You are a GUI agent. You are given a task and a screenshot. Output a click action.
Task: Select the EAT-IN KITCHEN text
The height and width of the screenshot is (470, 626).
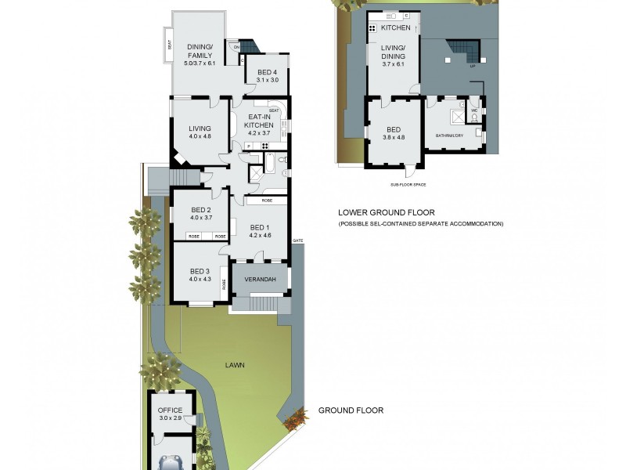click(x=259, y=121)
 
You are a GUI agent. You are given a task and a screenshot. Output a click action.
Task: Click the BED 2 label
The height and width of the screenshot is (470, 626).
click(x=200, y=210)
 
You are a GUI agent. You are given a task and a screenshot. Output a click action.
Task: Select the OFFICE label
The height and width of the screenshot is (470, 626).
click(x=170, y=410)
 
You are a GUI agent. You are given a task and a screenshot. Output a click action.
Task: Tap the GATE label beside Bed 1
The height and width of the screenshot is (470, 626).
click(x=297, y=240)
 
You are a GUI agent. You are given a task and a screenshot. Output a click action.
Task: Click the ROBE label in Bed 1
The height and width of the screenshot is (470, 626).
click(x=267, y=201)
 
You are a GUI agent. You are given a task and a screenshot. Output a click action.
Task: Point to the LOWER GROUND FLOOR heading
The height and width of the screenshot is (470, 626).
click(x=386, y=212)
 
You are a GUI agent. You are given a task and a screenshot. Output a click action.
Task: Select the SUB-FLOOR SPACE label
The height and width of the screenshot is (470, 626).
click(x=407, y=185)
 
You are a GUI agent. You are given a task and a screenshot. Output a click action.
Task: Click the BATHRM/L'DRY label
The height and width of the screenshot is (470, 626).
click(x=448, y=136)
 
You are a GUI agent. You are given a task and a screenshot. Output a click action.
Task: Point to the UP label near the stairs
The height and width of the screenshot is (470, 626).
click(x=472, y=66)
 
